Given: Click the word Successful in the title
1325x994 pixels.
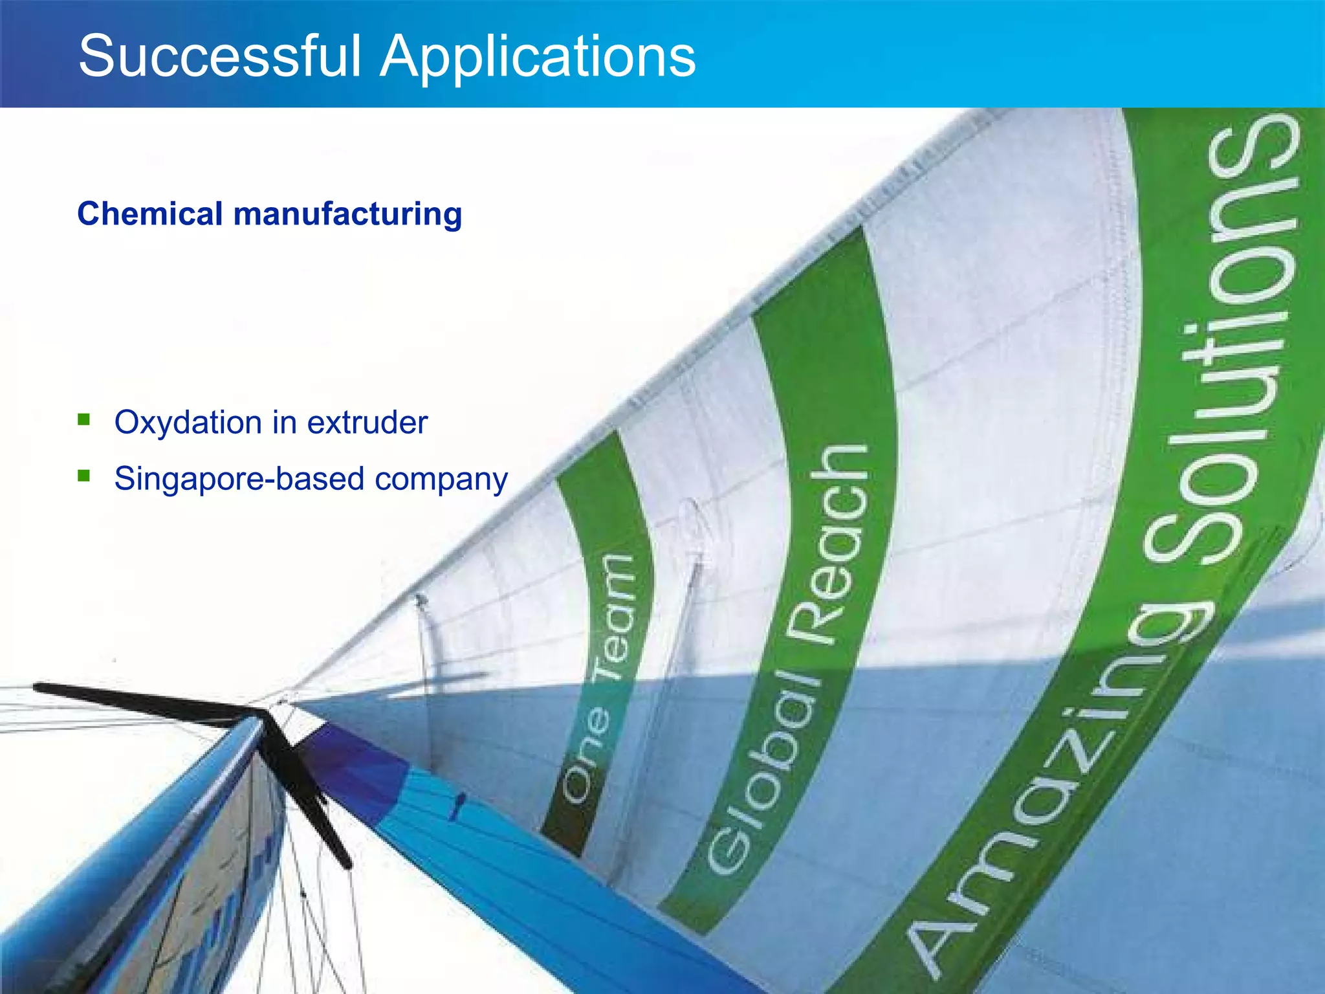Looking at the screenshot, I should pyautogui.click(x=219, y=57).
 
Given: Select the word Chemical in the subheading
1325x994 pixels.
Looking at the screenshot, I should pyautogui.click(x=149, y=214).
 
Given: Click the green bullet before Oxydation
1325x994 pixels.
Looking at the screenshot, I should pyautogui.click(x=83, y=421).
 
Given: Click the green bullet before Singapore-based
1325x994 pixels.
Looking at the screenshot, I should pyautogui.click(x=83, y=476).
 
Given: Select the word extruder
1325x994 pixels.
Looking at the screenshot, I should pyautogui.click(x=367, y=423).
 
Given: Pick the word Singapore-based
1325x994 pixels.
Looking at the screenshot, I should pyautogui.click(x=239, y=480).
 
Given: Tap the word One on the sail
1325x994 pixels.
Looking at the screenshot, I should pyautogui.click(x=586, y=754).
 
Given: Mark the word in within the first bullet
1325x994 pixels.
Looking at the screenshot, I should pyautogui.click(x=283, y=423).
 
